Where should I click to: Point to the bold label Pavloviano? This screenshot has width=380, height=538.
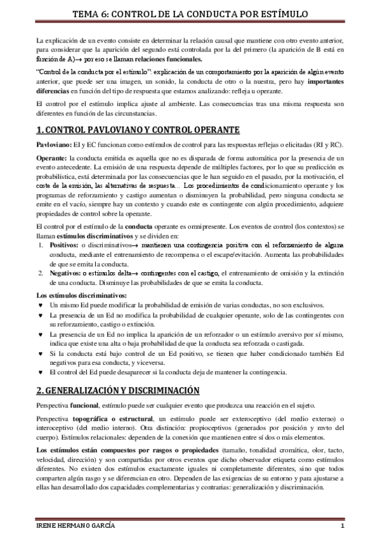pyautogui.click(x=53, y=145)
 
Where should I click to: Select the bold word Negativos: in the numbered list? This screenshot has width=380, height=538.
pyautogui.click(x=62, y=273)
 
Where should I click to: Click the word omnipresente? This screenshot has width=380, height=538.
pyautogui.click(x=214, y=226)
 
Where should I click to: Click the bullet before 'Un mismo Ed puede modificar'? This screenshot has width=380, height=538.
pyautogui.click(x=41, y=305)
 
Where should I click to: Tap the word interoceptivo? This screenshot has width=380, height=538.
pyautogui.click(x=56, y=429)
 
